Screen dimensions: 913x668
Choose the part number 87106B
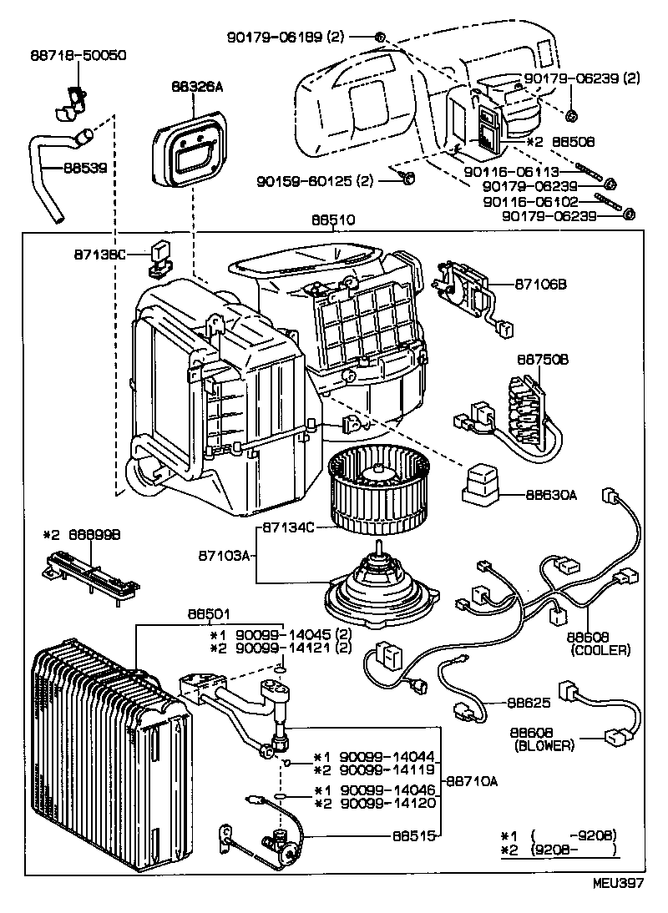click(x=540, y=285)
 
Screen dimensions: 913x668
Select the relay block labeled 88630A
click(x=483, y=484)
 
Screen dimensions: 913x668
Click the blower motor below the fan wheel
click(x=380, y=584)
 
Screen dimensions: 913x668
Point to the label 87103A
click(x=223, y=554)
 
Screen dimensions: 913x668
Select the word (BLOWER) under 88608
click(x=544, y=745)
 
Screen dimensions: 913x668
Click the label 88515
click(x=413, y=835)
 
